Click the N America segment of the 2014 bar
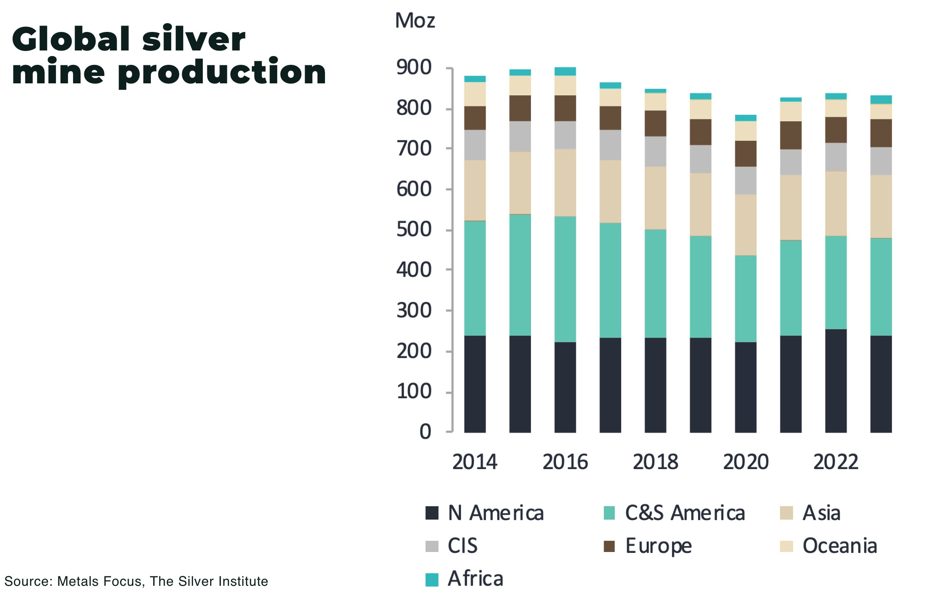(x=475, y=384)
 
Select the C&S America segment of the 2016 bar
(x=565, y=279)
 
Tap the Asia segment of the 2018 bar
(x=655, y=198)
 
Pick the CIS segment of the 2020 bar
(x=746, y=180)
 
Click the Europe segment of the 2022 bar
(x=836, y=130)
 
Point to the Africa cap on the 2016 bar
(x=565, y=71)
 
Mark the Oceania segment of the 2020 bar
(x=746, y=131)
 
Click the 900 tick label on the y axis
(x=414, y=68)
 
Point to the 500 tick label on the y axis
(x=414, y=230)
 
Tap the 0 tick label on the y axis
(x=425, y=432)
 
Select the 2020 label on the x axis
(x=746, y=462)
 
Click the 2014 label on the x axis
(x=475, y=462)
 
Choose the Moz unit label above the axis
(x=415, y=21)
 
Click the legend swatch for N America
(x=432, y=513)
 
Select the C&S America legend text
(x=685, y=513)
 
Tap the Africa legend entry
(x=475, y=579)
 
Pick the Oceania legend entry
(x=840, y=546)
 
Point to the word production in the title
(x=222, y=73)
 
